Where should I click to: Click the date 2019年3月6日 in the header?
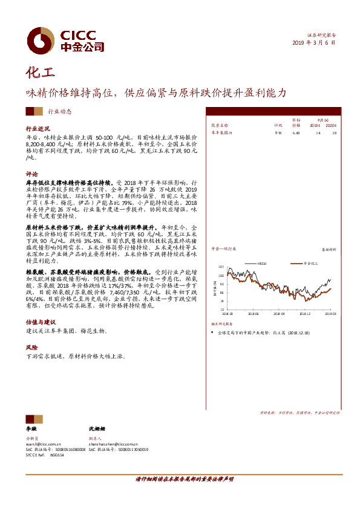click(313, 43)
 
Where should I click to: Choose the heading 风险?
click(31, 348)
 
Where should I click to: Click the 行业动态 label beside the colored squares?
click(59, 111)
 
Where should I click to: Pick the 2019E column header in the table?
click(314, 125)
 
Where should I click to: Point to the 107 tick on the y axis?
click(221, 267)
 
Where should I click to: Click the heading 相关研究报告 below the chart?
click(222, 325)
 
